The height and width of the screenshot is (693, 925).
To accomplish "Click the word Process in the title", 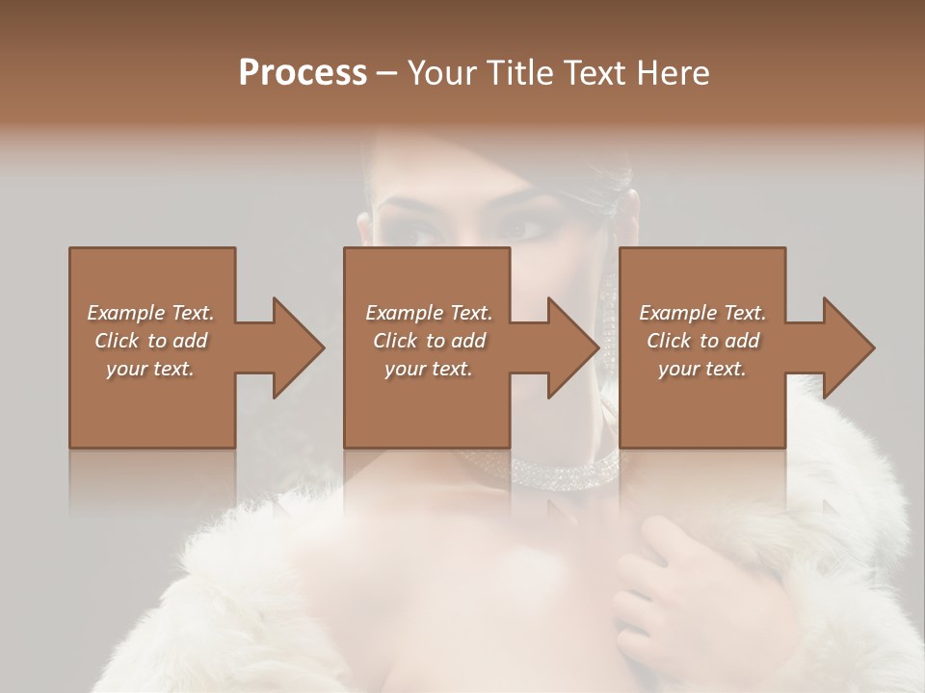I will (303, 72).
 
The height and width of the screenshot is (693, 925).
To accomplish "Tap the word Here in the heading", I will (673, 72).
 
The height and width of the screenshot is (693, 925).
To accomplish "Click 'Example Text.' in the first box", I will (150, 313).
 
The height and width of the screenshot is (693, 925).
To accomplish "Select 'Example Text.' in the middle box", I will (428, 313).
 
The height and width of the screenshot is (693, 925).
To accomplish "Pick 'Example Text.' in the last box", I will (702, 313).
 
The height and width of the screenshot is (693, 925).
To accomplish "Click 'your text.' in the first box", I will (150, 369).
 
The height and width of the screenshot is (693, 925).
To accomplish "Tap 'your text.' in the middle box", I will (428, 369).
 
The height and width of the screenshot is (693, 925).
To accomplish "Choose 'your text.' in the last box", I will (702, 369).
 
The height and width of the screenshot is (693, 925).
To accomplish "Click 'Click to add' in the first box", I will (150, 341).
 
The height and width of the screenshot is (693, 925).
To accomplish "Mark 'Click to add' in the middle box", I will (428, 341).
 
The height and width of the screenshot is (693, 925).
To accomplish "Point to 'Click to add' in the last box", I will (702, 341).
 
